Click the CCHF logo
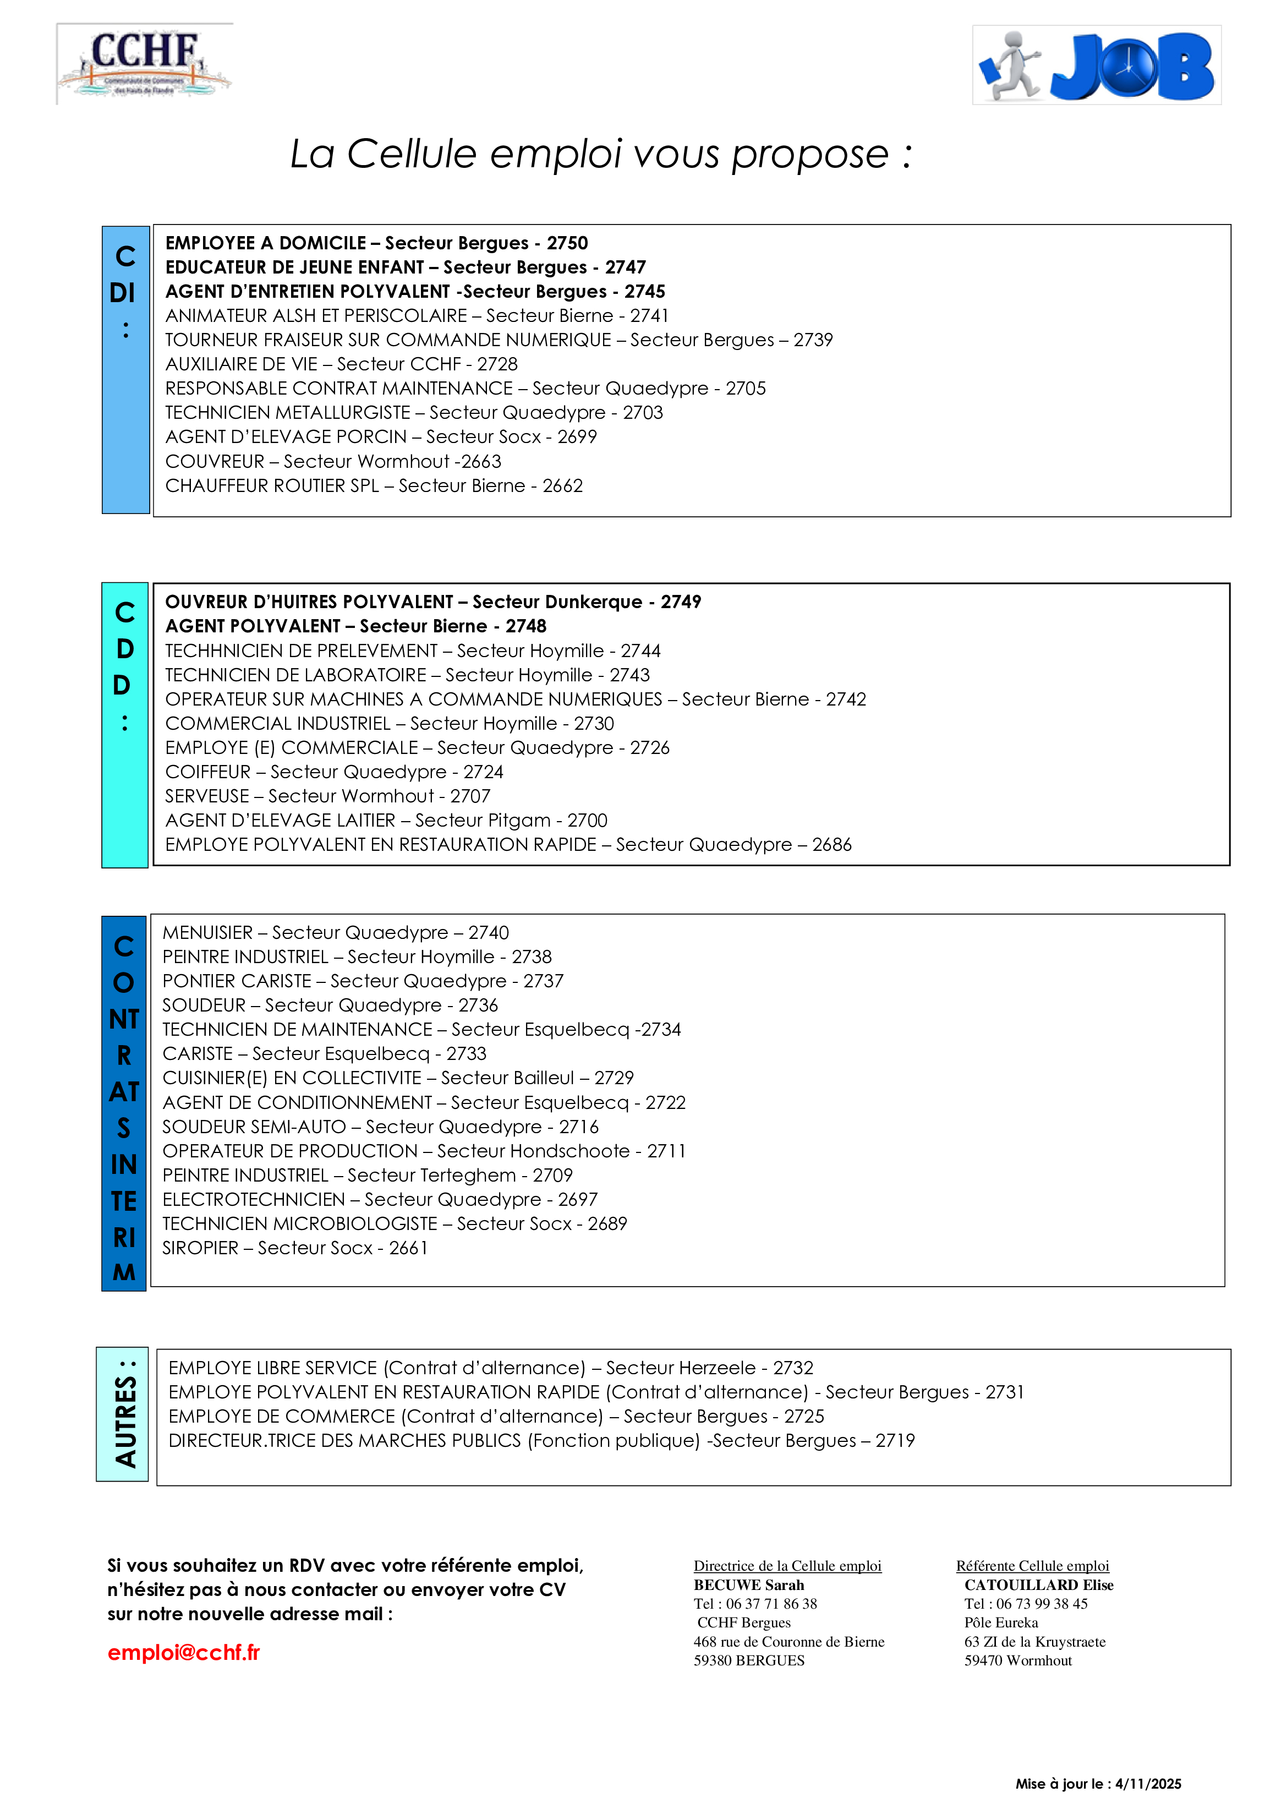(x=144, y=63)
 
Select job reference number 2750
(x=567, y=243)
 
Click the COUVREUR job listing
(x=333, y=461)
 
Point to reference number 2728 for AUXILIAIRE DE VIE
(x=497, y=365)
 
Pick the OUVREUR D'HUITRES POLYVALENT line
(x=432, y=602)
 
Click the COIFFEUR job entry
(x=333, y=772)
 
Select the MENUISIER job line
(x=335, y=933)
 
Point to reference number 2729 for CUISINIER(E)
(x=614, y=1078)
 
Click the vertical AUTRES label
(x=124, y=1415)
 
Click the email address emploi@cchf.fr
(x=184, y=1652)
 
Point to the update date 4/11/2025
(x=1148, y=1784)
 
